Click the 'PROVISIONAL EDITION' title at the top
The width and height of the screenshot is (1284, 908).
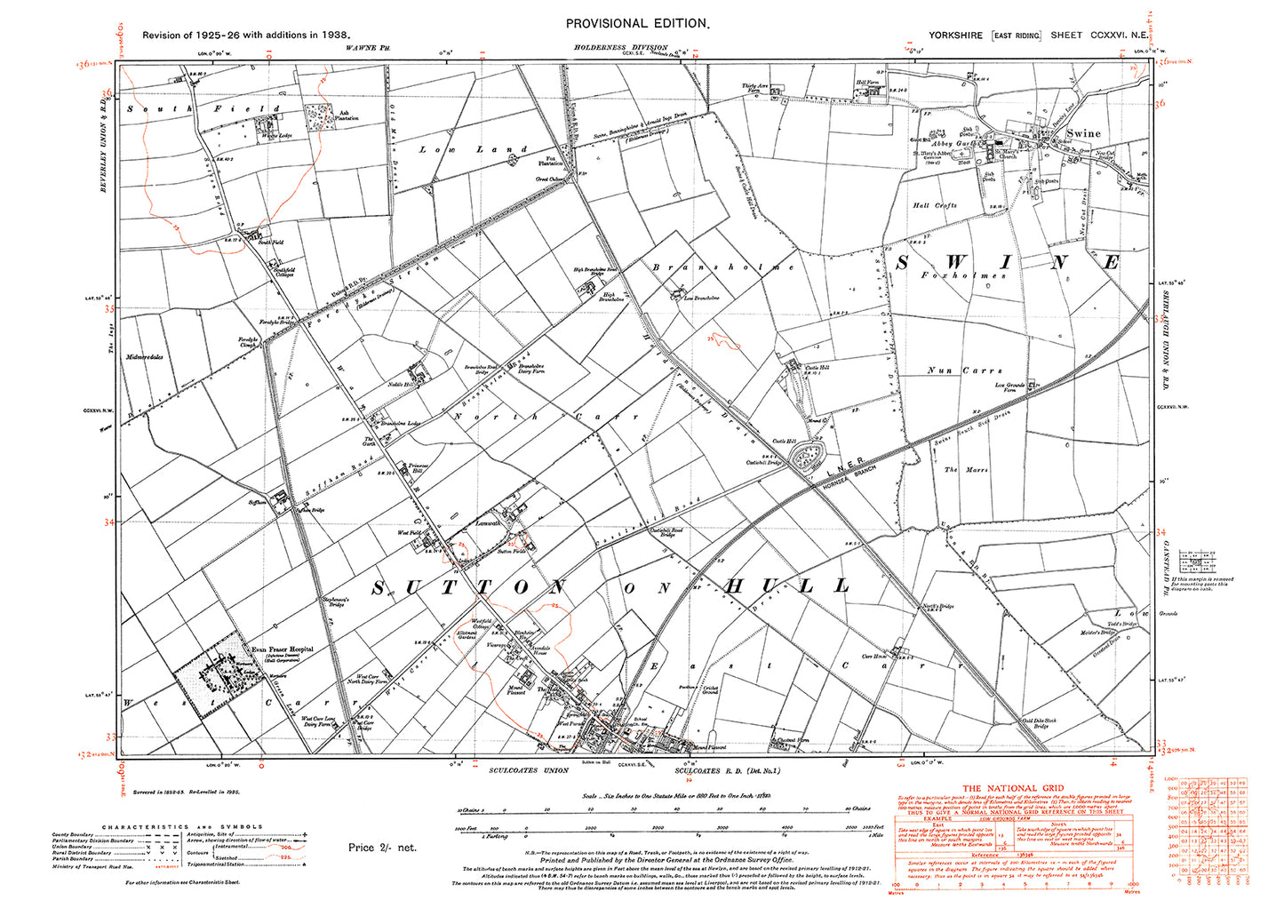pos(638,24)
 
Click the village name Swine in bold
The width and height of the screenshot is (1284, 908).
pos(1082,133)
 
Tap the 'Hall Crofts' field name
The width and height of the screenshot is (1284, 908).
pos(935,205)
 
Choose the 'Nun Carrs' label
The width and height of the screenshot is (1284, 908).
pos(964,370)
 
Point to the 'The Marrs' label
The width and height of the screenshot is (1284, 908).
pos(964,469)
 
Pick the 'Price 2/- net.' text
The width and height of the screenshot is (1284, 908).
pos(382,848)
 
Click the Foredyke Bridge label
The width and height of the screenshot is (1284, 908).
pos(251,320)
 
